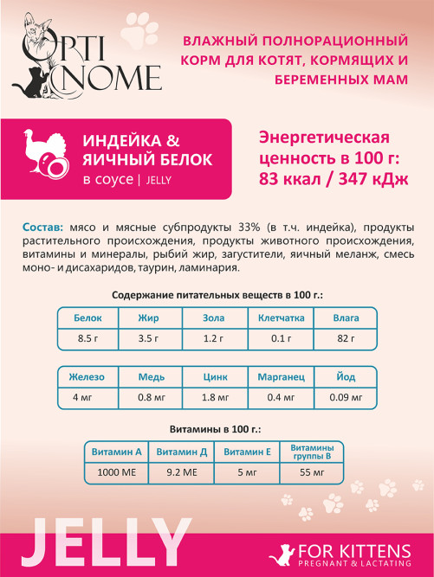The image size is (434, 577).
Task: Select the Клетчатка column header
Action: tap(281, 317)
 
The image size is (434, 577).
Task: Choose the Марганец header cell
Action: tap(281, 377)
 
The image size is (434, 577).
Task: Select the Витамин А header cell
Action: tap(115, 452)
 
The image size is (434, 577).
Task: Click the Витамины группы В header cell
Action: tap(311, 452)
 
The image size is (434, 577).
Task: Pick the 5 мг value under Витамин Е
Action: tap(246, 472)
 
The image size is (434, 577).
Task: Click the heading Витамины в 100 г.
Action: tap(217, 428)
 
